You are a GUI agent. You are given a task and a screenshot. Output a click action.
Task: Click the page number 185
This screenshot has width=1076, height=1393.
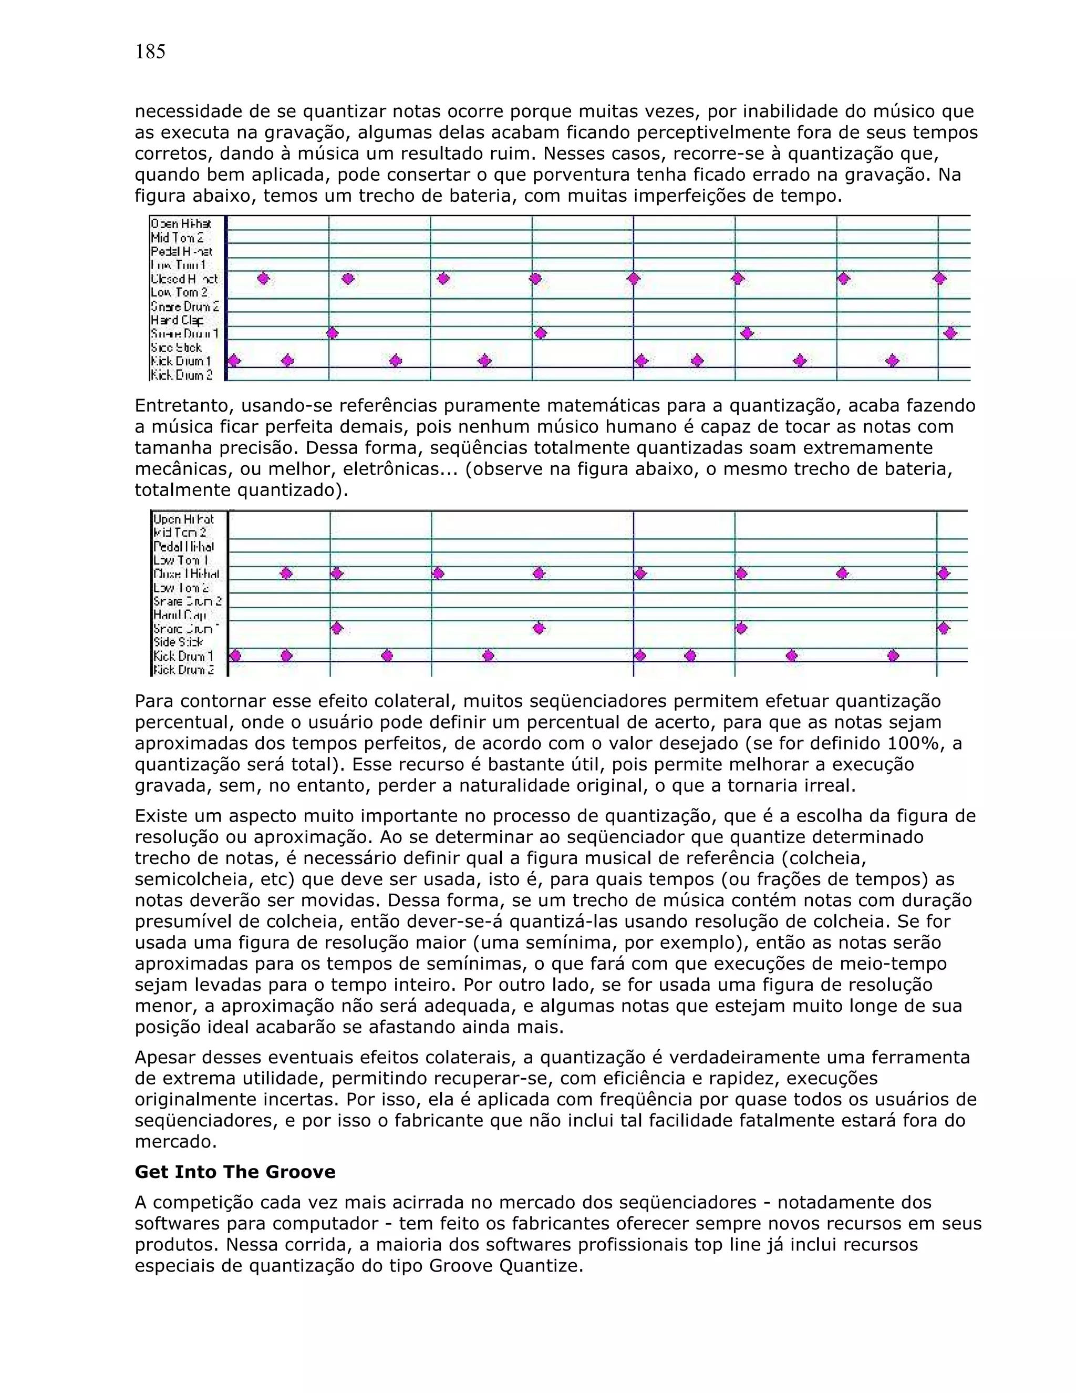150,52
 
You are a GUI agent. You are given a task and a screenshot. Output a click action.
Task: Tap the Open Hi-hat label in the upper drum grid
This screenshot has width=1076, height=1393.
180,224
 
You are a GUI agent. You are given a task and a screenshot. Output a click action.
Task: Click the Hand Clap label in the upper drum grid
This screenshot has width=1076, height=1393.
177,320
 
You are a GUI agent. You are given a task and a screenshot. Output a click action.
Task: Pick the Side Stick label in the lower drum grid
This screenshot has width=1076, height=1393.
179,642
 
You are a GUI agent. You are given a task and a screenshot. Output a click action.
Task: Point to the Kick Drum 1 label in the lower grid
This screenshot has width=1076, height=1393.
183,655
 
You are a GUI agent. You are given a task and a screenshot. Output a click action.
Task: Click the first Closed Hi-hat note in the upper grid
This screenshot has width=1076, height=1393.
263,278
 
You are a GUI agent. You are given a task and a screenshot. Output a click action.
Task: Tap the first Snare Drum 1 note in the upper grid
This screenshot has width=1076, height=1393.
332,333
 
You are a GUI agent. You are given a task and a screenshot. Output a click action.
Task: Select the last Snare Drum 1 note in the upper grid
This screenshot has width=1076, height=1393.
950,333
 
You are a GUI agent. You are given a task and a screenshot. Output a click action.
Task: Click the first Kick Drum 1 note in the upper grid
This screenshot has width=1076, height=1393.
234,361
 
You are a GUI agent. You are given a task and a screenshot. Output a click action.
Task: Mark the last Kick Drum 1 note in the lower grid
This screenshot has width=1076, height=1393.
893,655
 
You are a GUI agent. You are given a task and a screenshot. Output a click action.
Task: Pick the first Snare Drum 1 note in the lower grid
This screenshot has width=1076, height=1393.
337,628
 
